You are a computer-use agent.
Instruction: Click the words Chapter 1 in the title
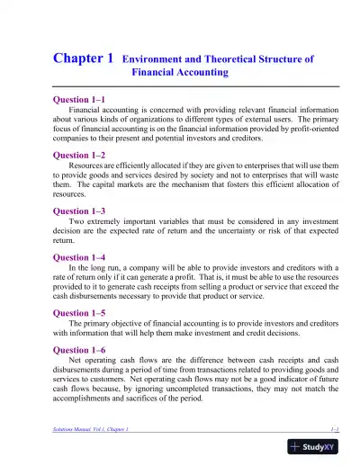coord(84,58)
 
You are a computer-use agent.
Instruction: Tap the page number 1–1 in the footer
coord(333,431)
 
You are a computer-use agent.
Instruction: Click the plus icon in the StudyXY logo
coord(297,446)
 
